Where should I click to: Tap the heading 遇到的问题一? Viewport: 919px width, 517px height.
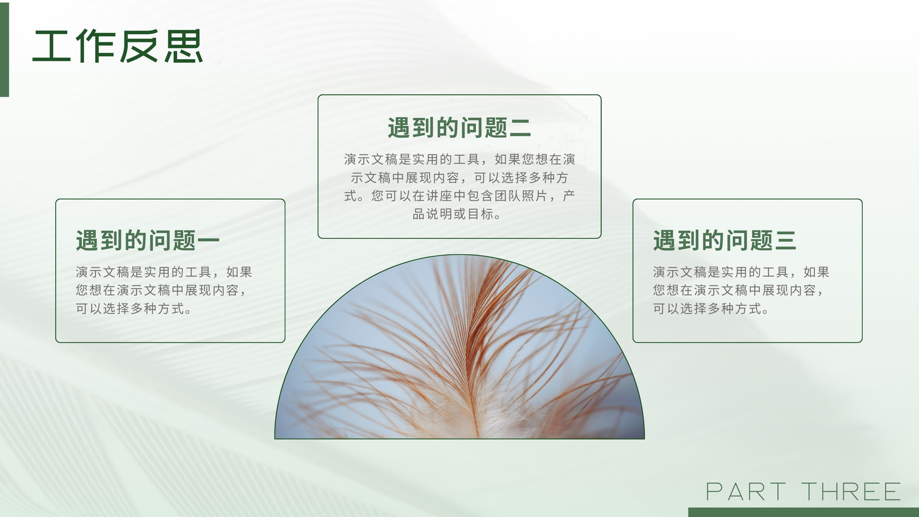point(148,240)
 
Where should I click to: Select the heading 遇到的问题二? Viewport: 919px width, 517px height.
point(459,128)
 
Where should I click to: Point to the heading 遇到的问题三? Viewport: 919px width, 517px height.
point(724,240)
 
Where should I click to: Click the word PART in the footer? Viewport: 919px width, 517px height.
point(746,492)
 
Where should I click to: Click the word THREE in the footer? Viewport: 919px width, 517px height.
point(851,492)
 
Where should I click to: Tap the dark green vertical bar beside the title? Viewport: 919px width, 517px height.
point(5,49)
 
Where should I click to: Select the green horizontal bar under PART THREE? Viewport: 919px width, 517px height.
point(804,512)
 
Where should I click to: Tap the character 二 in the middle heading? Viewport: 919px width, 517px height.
point(520,128)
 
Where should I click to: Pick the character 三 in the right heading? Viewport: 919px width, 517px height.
point(785,241)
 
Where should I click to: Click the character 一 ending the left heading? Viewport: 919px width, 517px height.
point(208,241)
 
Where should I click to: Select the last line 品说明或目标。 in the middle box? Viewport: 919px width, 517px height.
point(457,214)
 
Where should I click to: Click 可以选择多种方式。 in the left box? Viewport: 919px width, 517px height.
point(134,308)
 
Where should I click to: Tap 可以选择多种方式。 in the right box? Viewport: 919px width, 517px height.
point(711,308)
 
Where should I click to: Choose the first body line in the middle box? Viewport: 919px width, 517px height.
point(459,159)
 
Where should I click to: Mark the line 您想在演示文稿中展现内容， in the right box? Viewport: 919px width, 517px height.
point(739,290)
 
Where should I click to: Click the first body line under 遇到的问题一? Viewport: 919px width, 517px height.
point(164,272)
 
